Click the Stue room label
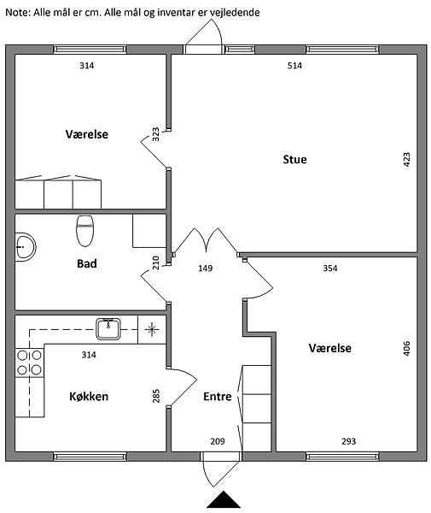294,160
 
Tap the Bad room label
87,263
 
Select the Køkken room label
89,397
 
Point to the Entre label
218,397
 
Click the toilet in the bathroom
84,231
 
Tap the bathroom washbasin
26,246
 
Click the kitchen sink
108,329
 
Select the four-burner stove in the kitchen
29,363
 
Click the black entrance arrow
224,499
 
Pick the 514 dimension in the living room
294,66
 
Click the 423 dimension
407,160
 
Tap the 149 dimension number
206,268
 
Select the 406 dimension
407,348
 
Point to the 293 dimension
349,442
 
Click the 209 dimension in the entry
218,442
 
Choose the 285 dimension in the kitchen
156,396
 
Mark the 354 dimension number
330,268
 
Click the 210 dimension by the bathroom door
156,262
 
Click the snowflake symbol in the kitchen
152,329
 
